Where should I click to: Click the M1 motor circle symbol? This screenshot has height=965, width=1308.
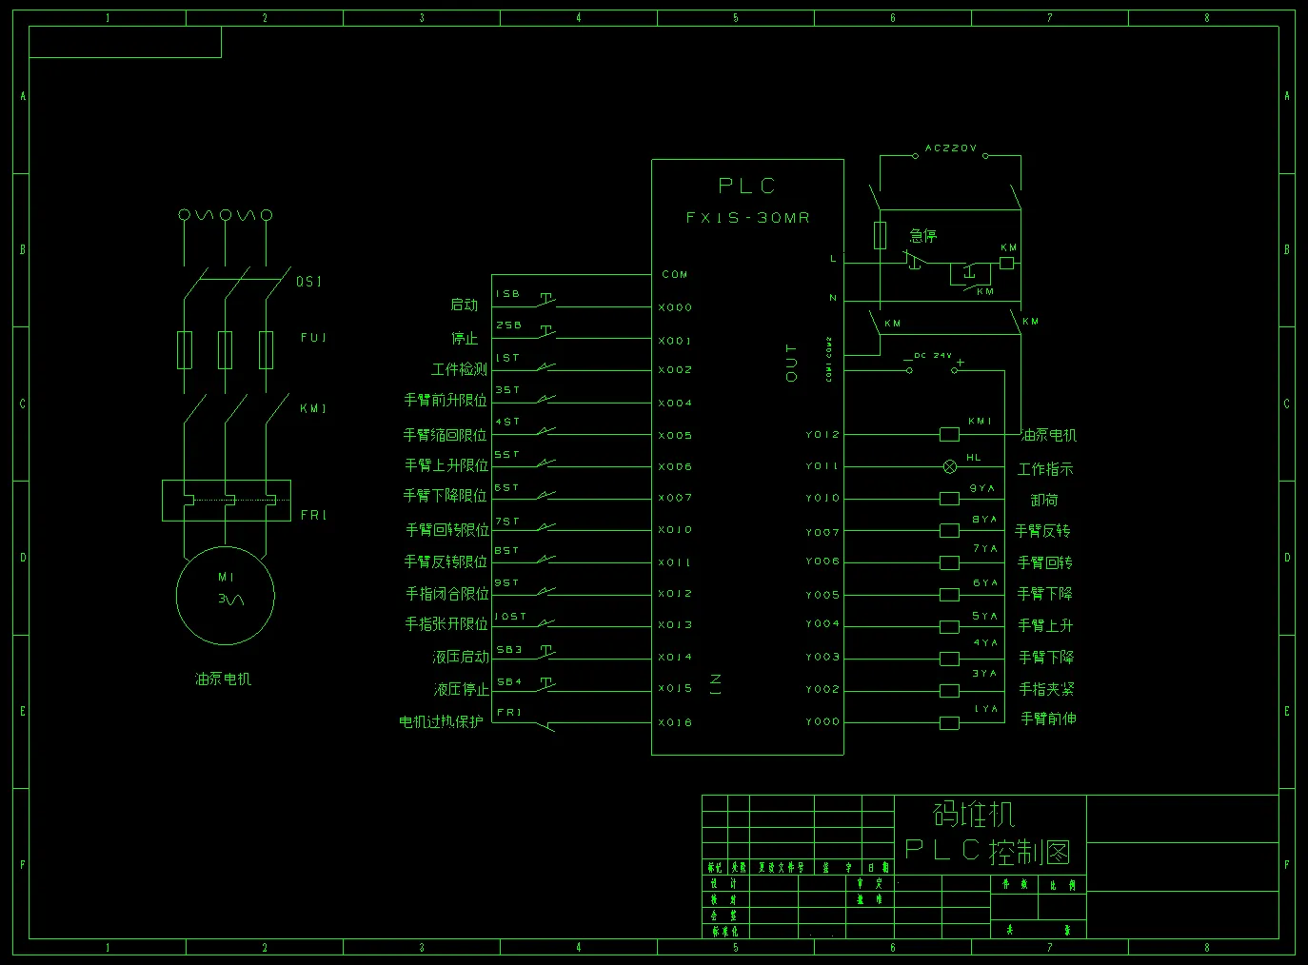pos(226,597)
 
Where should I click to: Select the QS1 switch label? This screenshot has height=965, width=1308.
pos(309,282)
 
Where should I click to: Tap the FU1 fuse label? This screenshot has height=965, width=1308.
pos(313,338)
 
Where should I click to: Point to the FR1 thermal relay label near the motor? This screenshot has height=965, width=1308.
pos(313,515)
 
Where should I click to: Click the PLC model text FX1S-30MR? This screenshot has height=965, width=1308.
pos(747,218)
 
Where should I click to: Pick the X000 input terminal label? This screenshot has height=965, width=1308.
pos(675,307)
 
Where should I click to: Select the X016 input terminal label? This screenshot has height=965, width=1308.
pos(675,722)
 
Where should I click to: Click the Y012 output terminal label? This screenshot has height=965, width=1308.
pos(822,434)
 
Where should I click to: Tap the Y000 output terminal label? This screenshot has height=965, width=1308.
pos(822,721)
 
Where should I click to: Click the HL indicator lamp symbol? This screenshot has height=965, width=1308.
pos(950,466)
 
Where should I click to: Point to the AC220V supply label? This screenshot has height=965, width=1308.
pos(950,148)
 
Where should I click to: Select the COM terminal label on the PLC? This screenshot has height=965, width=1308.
pos(675,274)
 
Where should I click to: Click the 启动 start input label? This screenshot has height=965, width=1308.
pos(465,305)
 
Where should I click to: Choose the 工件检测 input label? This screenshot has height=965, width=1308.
pos(459,369)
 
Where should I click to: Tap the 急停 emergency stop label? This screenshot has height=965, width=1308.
pos(923,235)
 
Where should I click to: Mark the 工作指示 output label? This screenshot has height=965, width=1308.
pos(1045,469)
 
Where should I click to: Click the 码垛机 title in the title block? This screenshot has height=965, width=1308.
pos(974,814)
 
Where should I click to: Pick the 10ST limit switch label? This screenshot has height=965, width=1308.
pos(510,616)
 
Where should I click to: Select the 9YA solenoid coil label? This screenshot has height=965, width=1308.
pos(982,488)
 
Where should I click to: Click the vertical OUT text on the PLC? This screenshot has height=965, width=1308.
pos(791,363)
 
